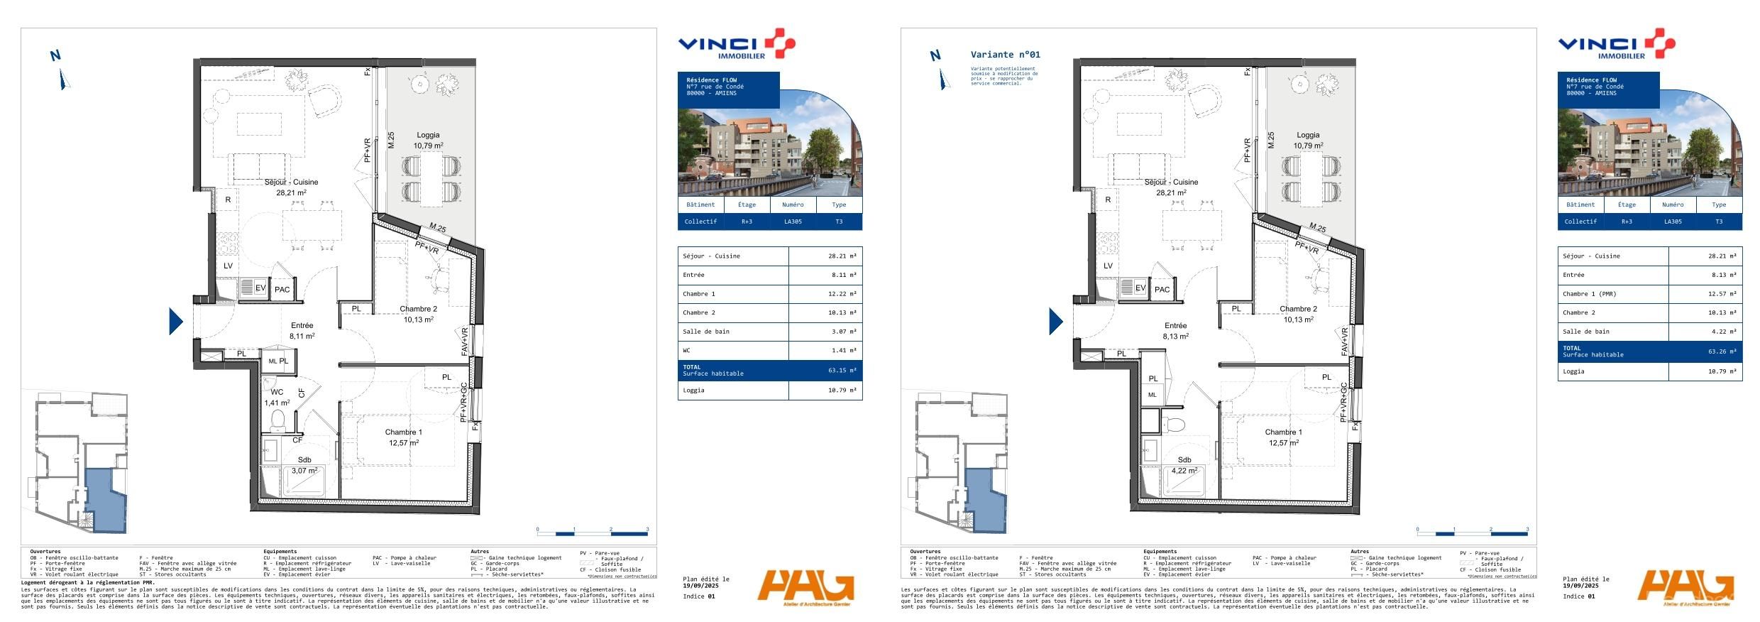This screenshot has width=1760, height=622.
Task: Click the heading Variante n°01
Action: point(1005,55)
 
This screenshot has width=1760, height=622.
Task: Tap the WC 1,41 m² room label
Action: point(277,398)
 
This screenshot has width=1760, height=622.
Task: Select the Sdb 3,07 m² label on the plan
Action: point(304,465)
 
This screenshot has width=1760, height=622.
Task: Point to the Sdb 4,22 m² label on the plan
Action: point(1184,465)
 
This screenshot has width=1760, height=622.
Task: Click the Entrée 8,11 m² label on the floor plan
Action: point(302,331)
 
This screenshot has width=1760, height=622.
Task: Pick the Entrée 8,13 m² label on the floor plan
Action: point(1175,331)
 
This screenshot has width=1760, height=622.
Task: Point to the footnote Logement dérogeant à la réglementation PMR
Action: point(88,582)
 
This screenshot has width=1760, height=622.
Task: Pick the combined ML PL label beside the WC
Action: point(278,361)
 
